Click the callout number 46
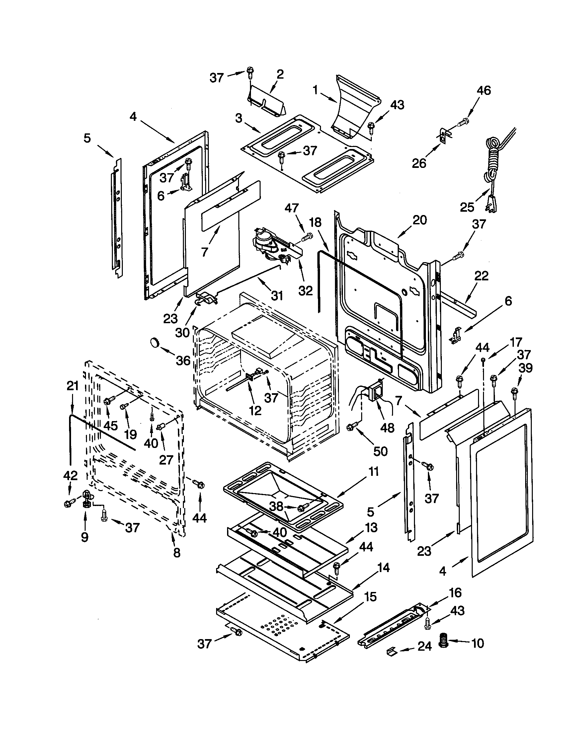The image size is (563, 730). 484,90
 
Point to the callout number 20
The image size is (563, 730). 420,220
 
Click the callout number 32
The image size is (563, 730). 305,290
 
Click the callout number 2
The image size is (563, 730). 280,74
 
